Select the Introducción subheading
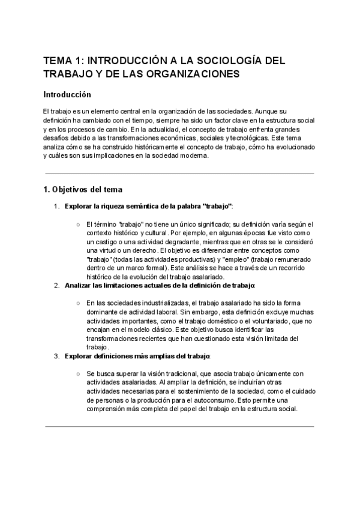click(67, 95)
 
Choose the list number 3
click(56, 357)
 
